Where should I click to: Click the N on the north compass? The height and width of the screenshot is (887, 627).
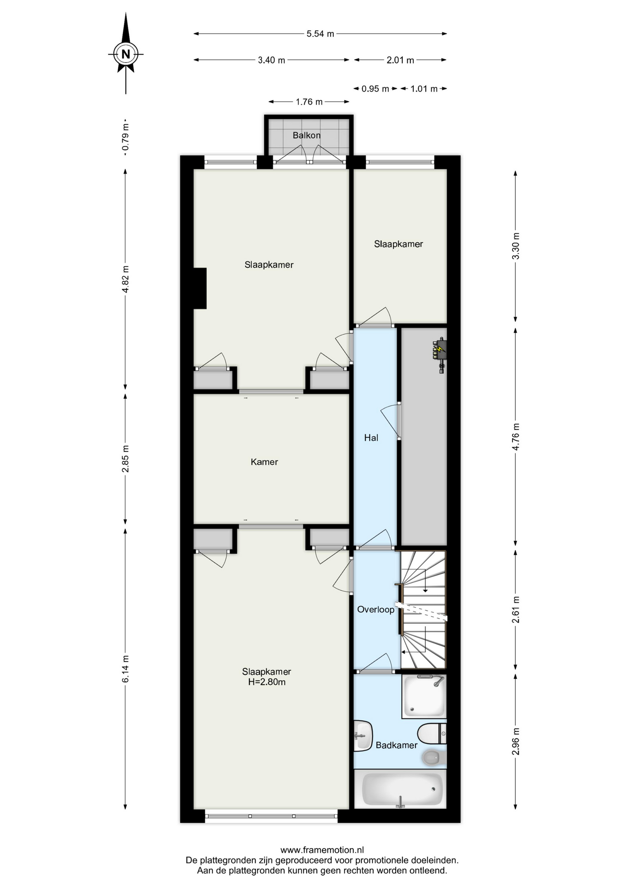[x=125, y=54]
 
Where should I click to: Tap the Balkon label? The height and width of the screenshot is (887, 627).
[x=307, y=135]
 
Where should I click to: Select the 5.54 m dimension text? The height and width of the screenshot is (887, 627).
[x=320, y=34]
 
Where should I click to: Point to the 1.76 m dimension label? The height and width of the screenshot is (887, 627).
[x=309, y=102]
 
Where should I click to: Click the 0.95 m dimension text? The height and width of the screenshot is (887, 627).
[x=375, y=89]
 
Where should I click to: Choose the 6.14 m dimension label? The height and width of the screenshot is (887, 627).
[x=126, y=668]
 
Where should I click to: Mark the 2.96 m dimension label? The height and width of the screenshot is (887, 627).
[x=516, y=741]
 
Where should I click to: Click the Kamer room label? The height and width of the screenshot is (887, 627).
[x=264, y=462]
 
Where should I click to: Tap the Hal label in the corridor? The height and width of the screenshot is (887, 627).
[x=371, y=437]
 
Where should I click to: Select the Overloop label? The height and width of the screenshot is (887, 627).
[x=376, y=609]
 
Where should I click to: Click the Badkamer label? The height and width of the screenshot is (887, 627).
[x=397, y=745]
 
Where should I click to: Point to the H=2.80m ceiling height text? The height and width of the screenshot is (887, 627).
[x=267, y=682]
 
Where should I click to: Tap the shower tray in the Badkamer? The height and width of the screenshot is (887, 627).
[x=424, y=697]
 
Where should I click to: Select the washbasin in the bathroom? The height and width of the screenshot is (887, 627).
[x=363, y=735]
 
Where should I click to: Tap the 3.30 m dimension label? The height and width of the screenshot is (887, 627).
[x=516, y=246]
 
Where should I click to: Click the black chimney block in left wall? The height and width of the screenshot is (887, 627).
[x=199, y=288]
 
